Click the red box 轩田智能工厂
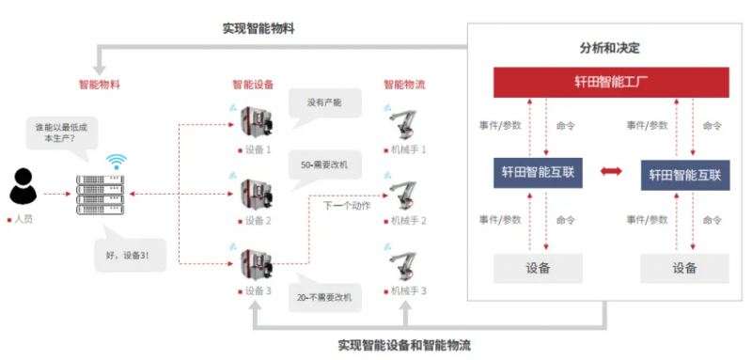click(612, 82)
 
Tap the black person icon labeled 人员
click(23, 186)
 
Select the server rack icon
click(101, 196)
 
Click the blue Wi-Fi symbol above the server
click(116, 162)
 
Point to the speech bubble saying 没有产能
click(324, 105)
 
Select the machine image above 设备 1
click(256, 123)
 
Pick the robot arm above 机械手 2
click(403, 196)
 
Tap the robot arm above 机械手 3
click(403, 266)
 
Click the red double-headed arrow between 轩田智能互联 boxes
click(612, 171)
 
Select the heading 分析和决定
click(609, 49)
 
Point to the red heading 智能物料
click(100, 86)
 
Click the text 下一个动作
click(347, 206)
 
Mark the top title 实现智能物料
click(258, 29)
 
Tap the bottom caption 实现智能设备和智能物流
click(404, 345)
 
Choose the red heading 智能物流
click(404, 86)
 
